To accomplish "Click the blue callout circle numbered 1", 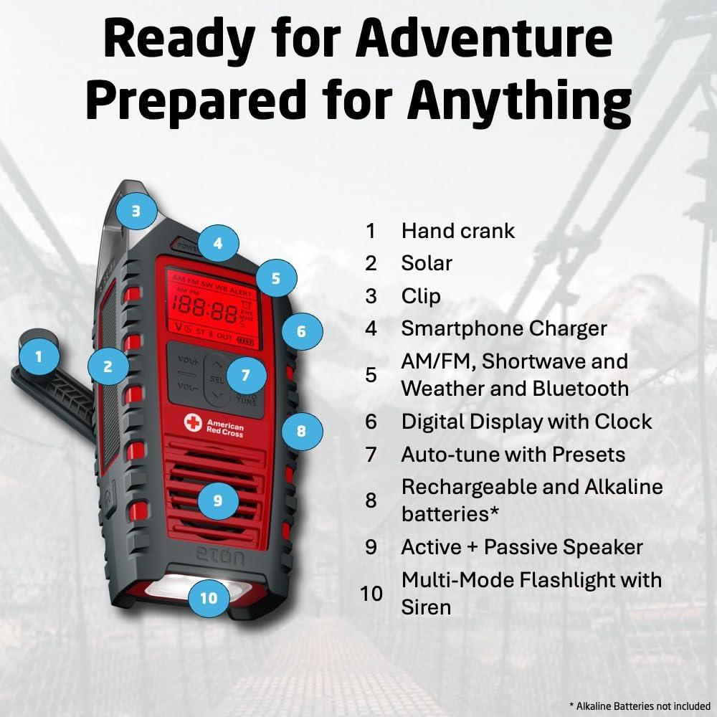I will tap(39, 356).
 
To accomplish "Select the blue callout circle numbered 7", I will tap(245, 375).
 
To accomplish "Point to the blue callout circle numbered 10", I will tap(209, 597).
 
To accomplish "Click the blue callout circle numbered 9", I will tap(217, 500).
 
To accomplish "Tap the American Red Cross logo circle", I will tap(192, 422).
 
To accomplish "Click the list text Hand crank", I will tap(457, 230).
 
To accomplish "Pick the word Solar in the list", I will tap(427, 263).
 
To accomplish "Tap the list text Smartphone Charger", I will tap(503, 328).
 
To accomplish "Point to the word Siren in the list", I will tap(426, 607).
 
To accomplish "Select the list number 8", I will tap(371, 500).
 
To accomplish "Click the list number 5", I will tap(371, 375).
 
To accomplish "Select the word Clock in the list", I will tap(622, 422).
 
